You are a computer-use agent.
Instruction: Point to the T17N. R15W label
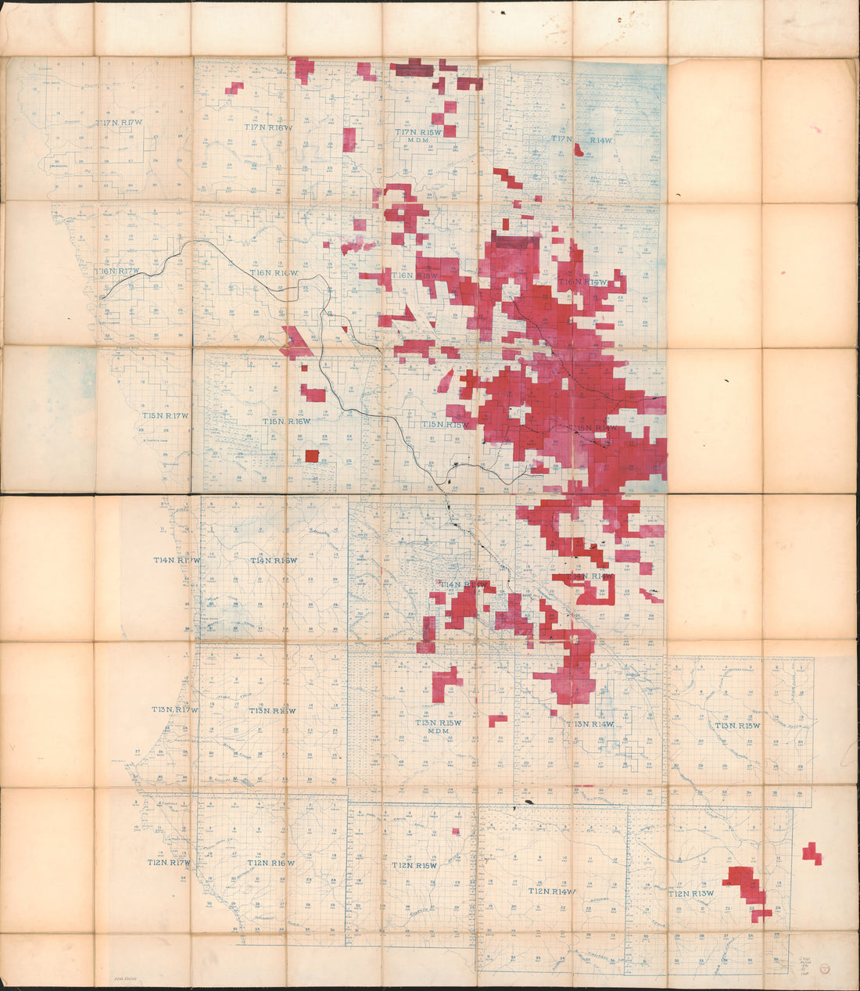[419, 134]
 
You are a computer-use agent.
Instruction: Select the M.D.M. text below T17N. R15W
[421, 144]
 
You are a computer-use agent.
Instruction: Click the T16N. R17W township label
[117, 271]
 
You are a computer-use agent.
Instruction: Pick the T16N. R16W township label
[274, 272]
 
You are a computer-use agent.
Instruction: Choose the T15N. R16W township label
[287, 421]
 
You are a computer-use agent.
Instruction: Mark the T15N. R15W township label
[445, 424]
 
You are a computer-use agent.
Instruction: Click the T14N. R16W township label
[274, 560]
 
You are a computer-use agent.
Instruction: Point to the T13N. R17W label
[174, 709]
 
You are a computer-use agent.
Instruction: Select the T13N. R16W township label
[272, 710]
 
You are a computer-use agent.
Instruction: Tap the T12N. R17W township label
[169, 863]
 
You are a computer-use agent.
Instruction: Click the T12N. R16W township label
[271, 863]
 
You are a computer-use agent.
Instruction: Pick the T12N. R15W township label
[414, 866]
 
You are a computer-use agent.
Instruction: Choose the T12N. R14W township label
[552, 892]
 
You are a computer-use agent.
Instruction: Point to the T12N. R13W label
[691, 893]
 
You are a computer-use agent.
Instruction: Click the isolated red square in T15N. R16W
[312, 456]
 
